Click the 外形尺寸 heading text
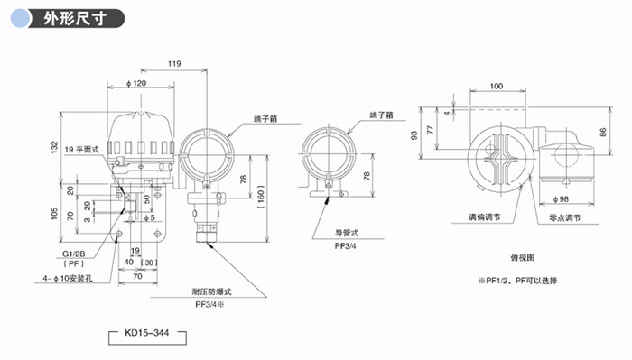(75, 19)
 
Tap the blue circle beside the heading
(21, 19)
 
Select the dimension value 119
(174, 64)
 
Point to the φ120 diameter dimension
(136, 83)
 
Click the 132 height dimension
(55, 147)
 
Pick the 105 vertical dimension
(55, 214)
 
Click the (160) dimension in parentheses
(261, 197)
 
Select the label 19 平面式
(82, 150)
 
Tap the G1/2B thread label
(74, 254)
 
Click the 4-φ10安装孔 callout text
(68, 278)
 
